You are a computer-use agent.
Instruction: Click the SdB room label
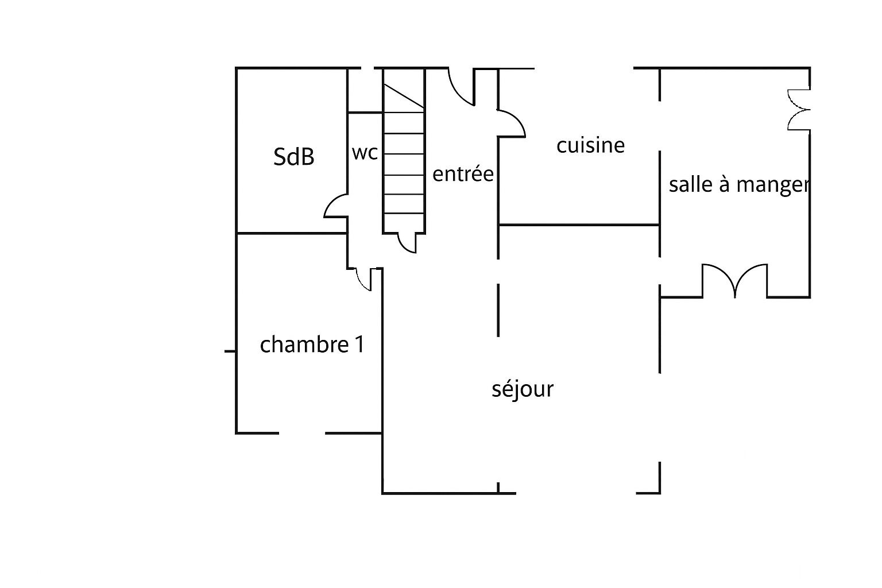click(x=294, y=157)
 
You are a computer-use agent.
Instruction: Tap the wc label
click(x=365, y=153)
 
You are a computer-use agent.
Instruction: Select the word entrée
click(x=463, y=173)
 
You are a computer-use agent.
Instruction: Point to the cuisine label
click(x=590, y=145)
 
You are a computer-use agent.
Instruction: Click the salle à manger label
click(x=739, y=185)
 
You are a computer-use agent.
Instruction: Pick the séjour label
click(x=523, y=389)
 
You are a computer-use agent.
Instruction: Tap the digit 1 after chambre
click(x=359, y=345)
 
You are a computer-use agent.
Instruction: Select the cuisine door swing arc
click(x=512, y=123)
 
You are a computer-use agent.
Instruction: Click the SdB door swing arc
click(x=336, y=206)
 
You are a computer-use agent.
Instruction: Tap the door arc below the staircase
click(x=407, y=242)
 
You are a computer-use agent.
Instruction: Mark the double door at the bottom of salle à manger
click(x=735, y=281)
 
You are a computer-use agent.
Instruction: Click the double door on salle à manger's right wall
click(x=799, y=110)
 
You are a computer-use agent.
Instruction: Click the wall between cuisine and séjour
click(x=579, y=225)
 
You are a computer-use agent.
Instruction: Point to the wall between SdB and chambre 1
click(x=292, y=234)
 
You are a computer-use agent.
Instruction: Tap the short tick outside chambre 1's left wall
click(x=230, y=351)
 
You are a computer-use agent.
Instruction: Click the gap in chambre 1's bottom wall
click(x=302, y=433)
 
